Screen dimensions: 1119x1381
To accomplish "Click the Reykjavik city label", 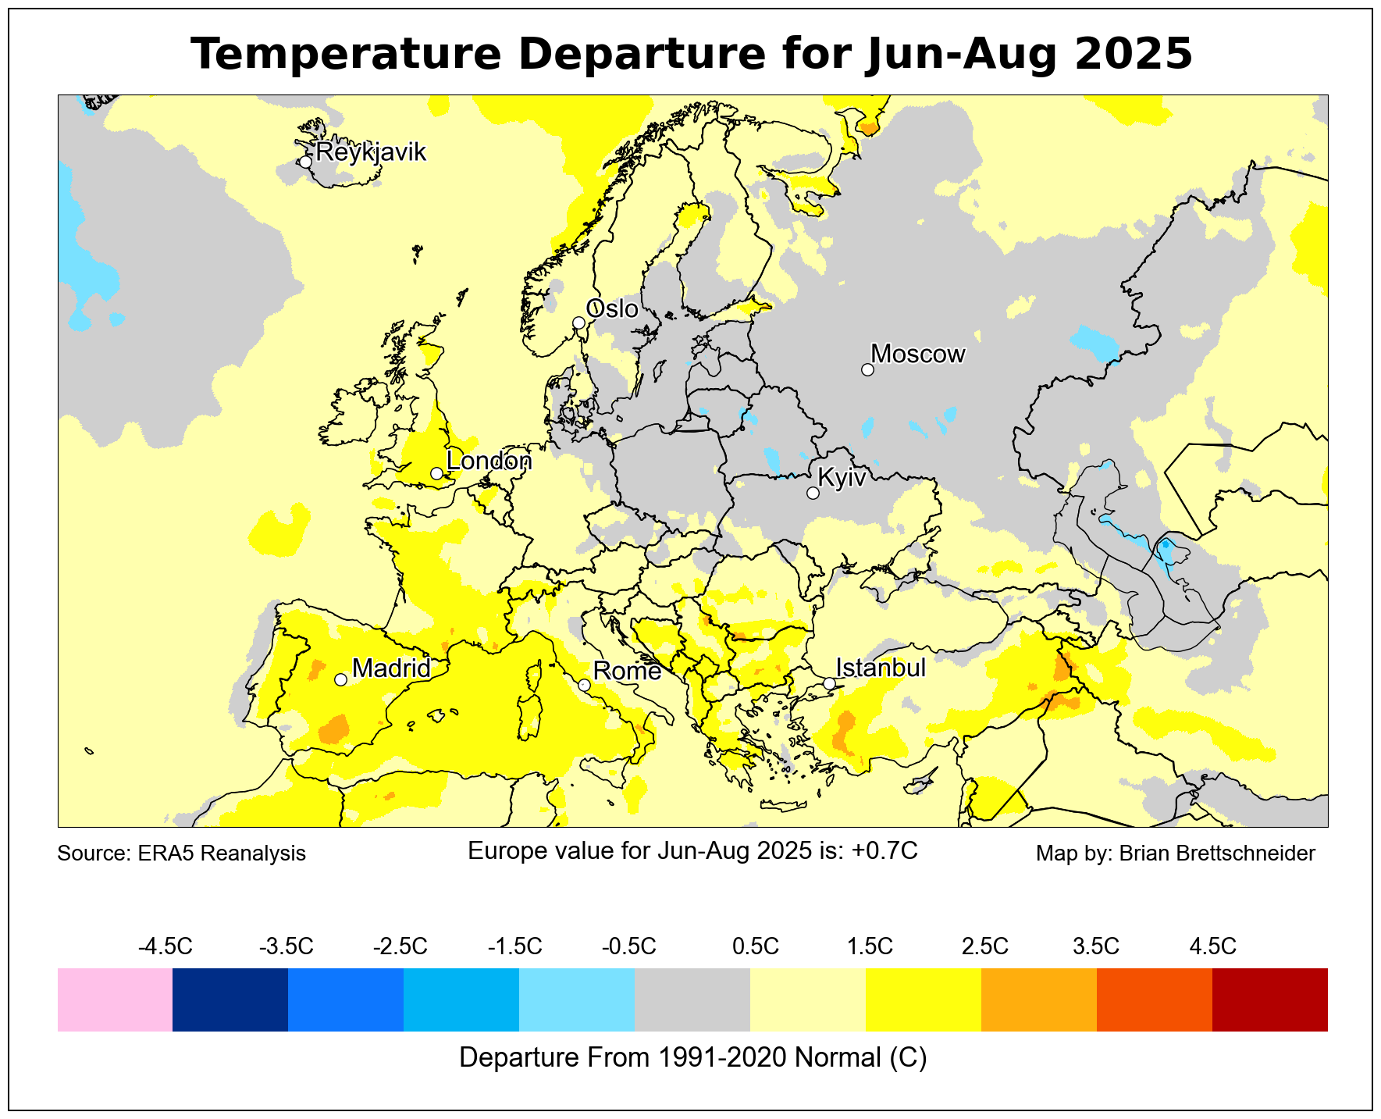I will [x=371, y=151].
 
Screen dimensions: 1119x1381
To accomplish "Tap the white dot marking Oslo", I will [x=578, y=323].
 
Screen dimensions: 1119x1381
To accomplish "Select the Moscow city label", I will [x=918, y=355].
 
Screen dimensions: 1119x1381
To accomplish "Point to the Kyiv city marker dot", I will [x=813, y=493].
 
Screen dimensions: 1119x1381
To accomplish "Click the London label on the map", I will [x=489, y=461].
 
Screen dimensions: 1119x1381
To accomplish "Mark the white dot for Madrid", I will [x=340, y=679].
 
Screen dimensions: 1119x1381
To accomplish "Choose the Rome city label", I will [x=627, y=671].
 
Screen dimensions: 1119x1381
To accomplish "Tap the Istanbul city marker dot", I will [x=829, y=683].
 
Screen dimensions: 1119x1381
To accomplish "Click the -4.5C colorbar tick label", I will [x=165, y=947].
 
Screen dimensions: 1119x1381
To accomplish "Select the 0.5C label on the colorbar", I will [x=755, y=947].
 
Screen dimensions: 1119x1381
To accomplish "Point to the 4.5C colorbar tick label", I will [x=1212, y=947].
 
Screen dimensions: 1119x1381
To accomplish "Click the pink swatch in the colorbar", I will [x=115, y=1000].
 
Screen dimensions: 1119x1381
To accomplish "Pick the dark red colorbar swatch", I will [x=1269, y=1000].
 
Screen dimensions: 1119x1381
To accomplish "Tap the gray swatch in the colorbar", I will [x=692, y=1000].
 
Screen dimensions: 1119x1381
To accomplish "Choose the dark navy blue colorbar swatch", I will [x=230, y=1000].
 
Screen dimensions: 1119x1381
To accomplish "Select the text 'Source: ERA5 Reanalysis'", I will [x=182, y=854].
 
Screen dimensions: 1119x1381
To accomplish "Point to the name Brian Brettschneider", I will [x=1217, y=854].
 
